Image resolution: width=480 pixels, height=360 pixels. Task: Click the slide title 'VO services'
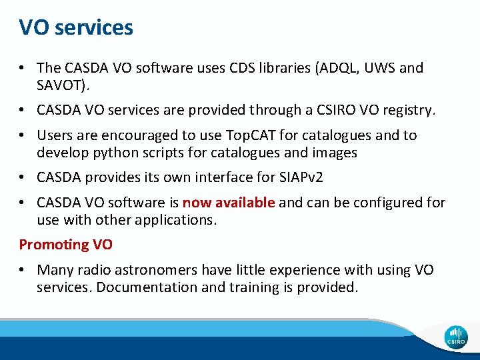click(76, 27)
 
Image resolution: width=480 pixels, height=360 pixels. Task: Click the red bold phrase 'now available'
click(228, 203)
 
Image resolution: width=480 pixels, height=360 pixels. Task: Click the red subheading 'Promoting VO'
click(65, 245)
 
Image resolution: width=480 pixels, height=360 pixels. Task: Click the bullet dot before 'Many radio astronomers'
click(23, 270)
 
